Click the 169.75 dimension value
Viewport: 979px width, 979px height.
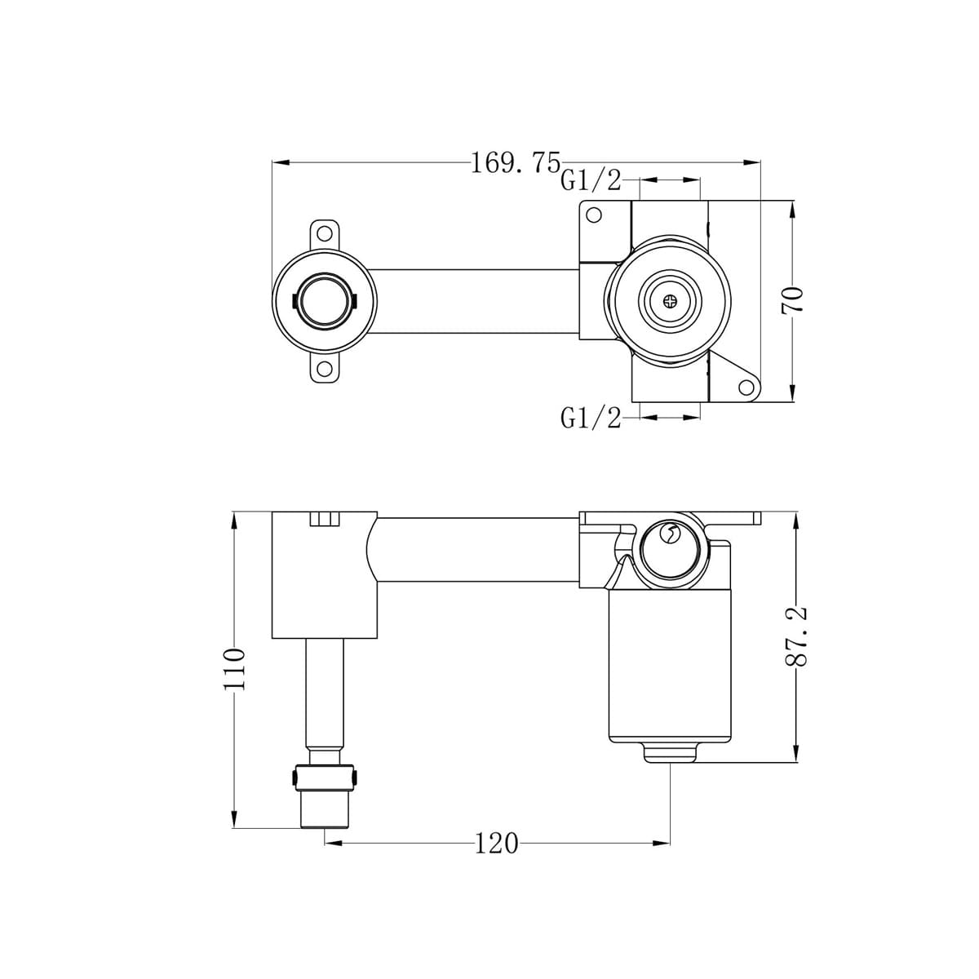[x=515, y=162]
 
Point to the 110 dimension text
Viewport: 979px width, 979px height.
[x=234, y=669]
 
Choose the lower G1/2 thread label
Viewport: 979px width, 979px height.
[x=590, y=419]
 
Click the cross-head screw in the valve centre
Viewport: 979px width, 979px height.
[x=670, y=300]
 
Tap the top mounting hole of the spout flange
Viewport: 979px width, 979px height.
[x=325, y=230]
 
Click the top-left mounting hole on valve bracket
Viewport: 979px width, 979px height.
[x=594, y=216]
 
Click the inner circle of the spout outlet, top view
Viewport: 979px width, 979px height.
[x=324, y=300]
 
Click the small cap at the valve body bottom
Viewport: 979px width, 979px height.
[x=670, y=753]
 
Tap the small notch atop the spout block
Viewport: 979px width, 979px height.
[x=325, y=520]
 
